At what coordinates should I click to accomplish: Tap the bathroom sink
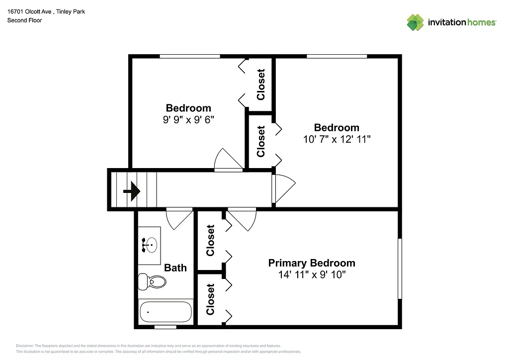149,245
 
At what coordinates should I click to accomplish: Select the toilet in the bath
153,282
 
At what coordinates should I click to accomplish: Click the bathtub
166,312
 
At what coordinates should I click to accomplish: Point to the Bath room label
175,268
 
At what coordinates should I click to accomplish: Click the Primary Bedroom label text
312,263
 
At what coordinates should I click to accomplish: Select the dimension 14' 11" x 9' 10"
312,274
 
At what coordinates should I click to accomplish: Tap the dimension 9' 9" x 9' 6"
188,119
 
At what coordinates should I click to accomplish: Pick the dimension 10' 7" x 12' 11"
337,139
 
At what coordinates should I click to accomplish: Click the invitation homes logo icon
415,22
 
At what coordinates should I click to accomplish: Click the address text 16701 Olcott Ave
30,11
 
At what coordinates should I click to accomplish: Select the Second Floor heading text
24,20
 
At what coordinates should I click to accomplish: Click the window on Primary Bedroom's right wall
400,269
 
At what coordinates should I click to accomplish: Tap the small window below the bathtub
165,327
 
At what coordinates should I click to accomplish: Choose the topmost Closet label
260,85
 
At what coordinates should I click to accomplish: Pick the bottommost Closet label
210,299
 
